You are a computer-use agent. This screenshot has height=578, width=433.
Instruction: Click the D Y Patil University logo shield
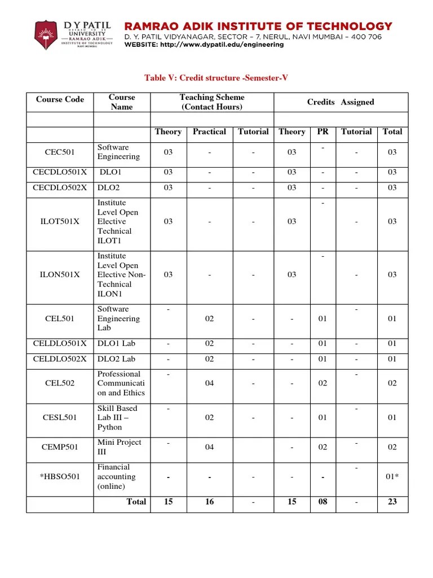pyautogui.click(x=47, y=35)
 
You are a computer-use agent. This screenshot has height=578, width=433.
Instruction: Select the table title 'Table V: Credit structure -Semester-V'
pyautogui.click(x=216, y=78)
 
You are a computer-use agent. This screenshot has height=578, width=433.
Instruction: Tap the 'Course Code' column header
pyautogui.click(x=60, y=100)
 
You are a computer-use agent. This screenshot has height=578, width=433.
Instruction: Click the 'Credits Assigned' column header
pyautogui.click(x=340, y=102)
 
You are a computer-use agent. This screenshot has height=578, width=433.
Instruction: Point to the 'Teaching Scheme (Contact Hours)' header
pyautogui.click(x=211, y=102)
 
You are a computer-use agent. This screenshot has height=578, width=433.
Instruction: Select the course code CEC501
pyautogui.click(x=60, y=152)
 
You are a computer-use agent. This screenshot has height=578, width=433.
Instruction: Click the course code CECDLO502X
pyautogui.click(x=60, y=188)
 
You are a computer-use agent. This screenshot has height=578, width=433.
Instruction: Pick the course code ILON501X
pyautogui.click(x=60, y=275)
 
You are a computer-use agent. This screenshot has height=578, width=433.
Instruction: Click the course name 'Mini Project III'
pyautogui.click(x=119, y=447)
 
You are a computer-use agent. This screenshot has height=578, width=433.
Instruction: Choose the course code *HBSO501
pyautogui.click(x=60, y=477)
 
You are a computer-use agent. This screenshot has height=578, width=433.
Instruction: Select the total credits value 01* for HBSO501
pyautogui.click(x=392, y=477)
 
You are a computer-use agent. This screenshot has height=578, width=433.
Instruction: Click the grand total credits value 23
pyautogui.click(x=392, y=502)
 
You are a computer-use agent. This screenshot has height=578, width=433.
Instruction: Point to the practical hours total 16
pyautogui.click(x=209, y=502)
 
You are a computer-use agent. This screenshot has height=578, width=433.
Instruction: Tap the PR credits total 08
pyautogui.click(x=322, y=502)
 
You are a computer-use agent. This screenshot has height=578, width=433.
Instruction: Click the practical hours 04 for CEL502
pyautogui.click(x=209, y=383)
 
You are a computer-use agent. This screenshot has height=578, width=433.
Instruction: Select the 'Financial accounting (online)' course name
pyautogui.click(x=116, y=477)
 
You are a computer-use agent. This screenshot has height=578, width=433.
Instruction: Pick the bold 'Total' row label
pyautogui.click(x=136, y=502)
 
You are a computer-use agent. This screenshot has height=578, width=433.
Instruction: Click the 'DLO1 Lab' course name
pyautogui.click(x=116, y=344)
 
